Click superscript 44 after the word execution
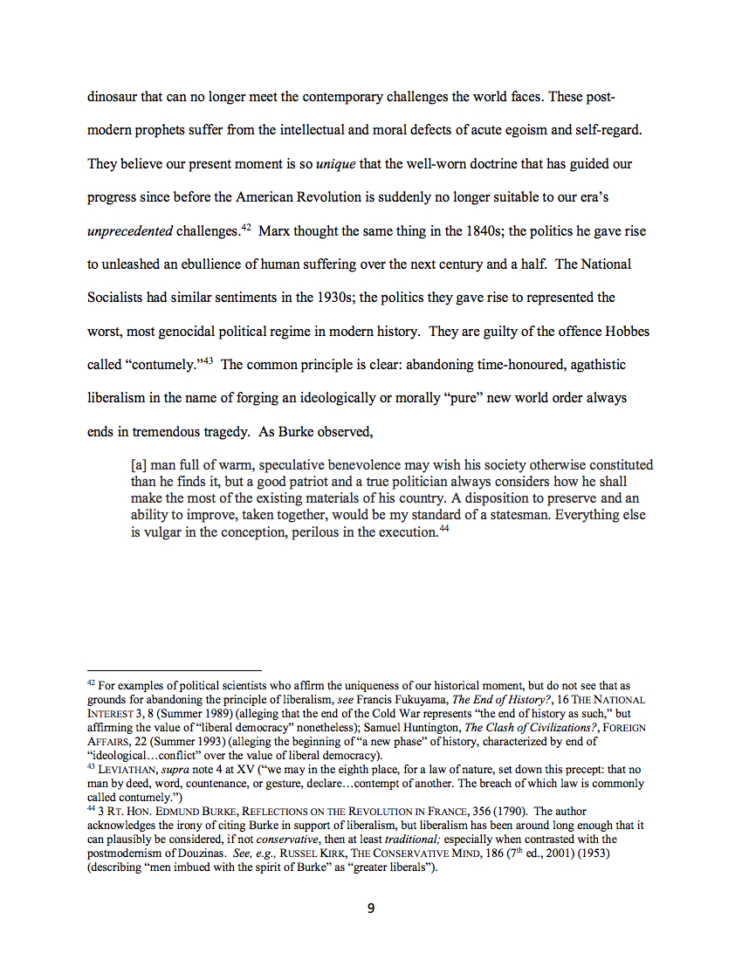tap(444, 528)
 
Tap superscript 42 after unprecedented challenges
tap(246, 228)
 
